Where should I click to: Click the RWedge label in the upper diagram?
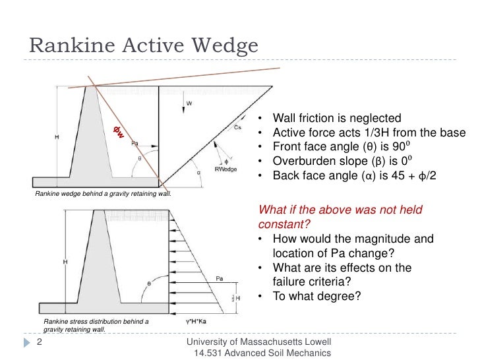click(x=228, y=169)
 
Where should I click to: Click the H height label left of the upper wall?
click(x=57, y=136)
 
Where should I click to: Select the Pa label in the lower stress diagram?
click(x=218, y=279)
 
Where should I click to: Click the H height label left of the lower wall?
click(x=64, y=262)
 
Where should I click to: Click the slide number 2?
click(x=39, y=343)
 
